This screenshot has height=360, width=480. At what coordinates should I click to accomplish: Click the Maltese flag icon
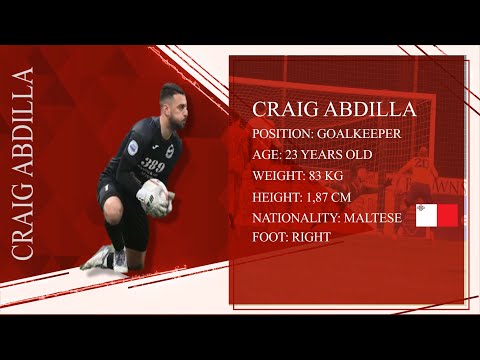pyautogui.click(x=436, y=215)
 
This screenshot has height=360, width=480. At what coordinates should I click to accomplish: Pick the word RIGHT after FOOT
pyautogui.click(x=311, y=237)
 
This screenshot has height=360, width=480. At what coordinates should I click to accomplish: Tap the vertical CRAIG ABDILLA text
pyautogui.click(x=22, y=165)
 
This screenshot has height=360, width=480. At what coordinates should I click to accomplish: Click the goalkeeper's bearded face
pyautogui.click(x=173, y=107)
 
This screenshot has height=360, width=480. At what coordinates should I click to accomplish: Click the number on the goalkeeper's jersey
pyautogui.click(x=154, y=166)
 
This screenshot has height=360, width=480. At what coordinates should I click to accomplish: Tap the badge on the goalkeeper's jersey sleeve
pyautogui.click(x=133, y=147)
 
